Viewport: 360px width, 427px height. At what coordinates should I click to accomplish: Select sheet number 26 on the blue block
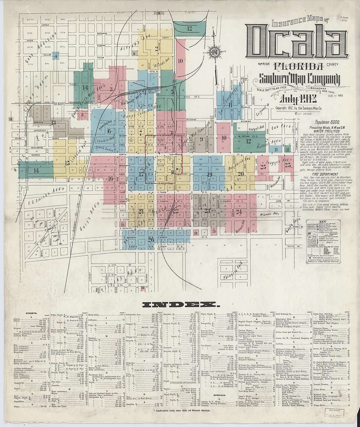click(151, 240)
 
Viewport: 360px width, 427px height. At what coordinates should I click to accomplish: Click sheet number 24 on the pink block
click(239, 211)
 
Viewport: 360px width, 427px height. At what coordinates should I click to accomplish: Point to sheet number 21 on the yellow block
click(141, 211)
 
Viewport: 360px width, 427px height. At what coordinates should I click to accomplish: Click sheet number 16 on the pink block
click(111, 178)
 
